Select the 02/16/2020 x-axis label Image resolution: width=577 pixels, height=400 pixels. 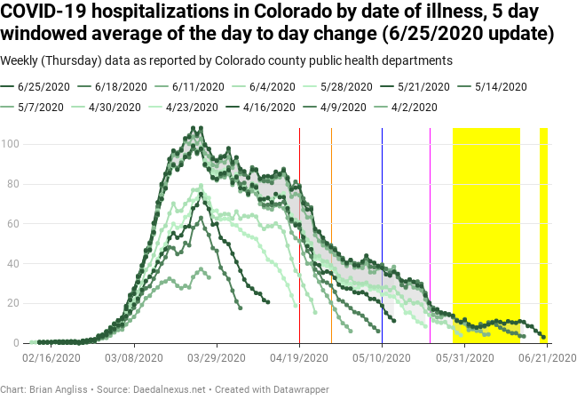[51, 357]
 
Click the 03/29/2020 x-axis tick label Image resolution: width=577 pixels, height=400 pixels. [217, 357]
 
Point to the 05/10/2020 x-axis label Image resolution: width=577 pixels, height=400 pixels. [383, 357]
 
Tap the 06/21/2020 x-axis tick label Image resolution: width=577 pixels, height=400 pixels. [548, 357]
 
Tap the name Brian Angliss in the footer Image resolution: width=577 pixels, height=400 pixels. [57, 389]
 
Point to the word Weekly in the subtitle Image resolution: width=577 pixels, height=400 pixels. [21, 60]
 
